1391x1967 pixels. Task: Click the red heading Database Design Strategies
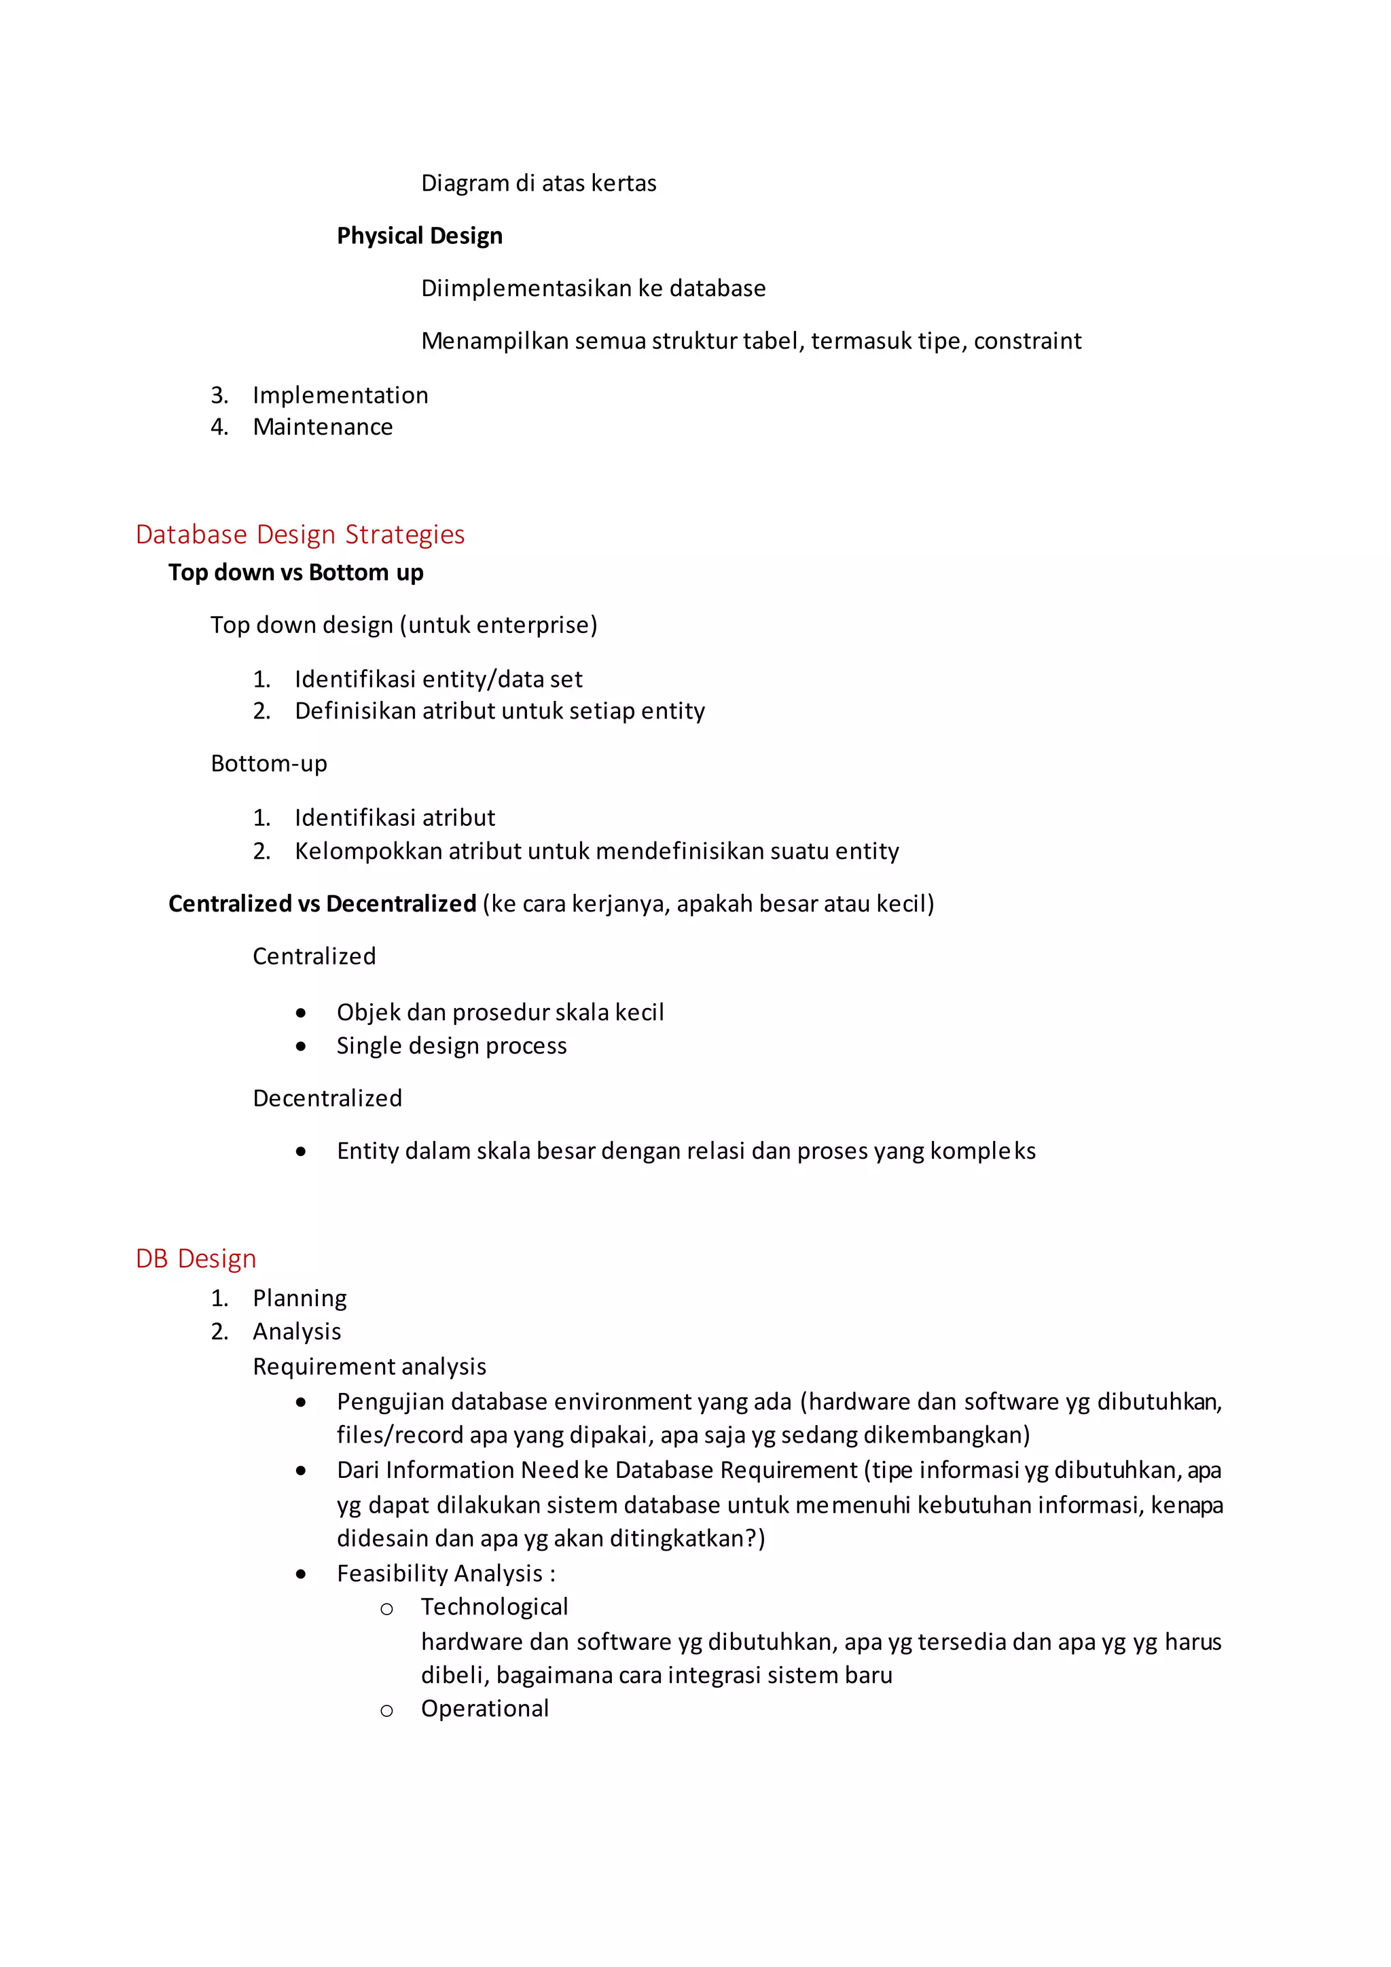(x=300, y=535)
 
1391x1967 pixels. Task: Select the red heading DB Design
(x=196, y=1259)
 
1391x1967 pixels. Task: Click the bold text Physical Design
(x=419, y=236)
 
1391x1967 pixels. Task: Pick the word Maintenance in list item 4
(x=323, y=427)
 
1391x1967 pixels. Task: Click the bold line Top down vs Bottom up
(x=295, y=573)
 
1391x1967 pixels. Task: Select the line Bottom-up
(x=269, y=763)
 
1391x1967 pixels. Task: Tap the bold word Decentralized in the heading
(x=401, y=904)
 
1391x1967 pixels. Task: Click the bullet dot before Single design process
(x=301, y=1046)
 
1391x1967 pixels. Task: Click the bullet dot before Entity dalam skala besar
(x=301, y=1151)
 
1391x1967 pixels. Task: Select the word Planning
(x=300, y=1299)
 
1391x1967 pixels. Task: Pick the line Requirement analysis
(x=369, y=1367)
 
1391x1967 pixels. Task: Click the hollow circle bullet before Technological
(x=386, y=1609)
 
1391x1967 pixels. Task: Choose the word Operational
(x=485, y=1708)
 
